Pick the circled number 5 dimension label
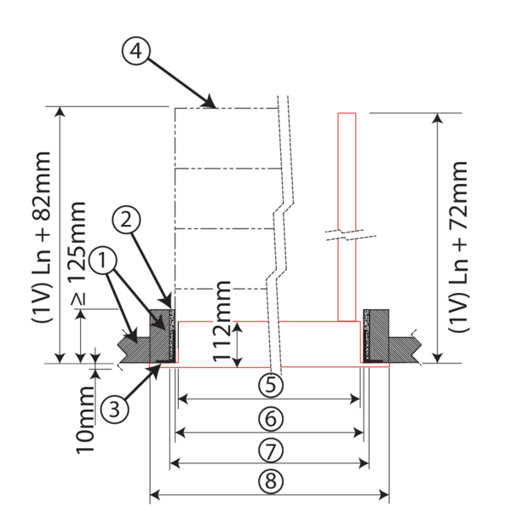click(x=269, y=385)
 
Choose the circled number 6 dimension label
click(x=269, y=418)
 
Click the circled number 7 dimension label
click(x=269, y=449)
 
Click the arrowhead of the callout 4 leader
click(x=213, y=105)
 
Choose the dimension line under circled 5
click(x=269, y=398)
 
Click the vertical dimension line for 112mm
click(x=241, y=342)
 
